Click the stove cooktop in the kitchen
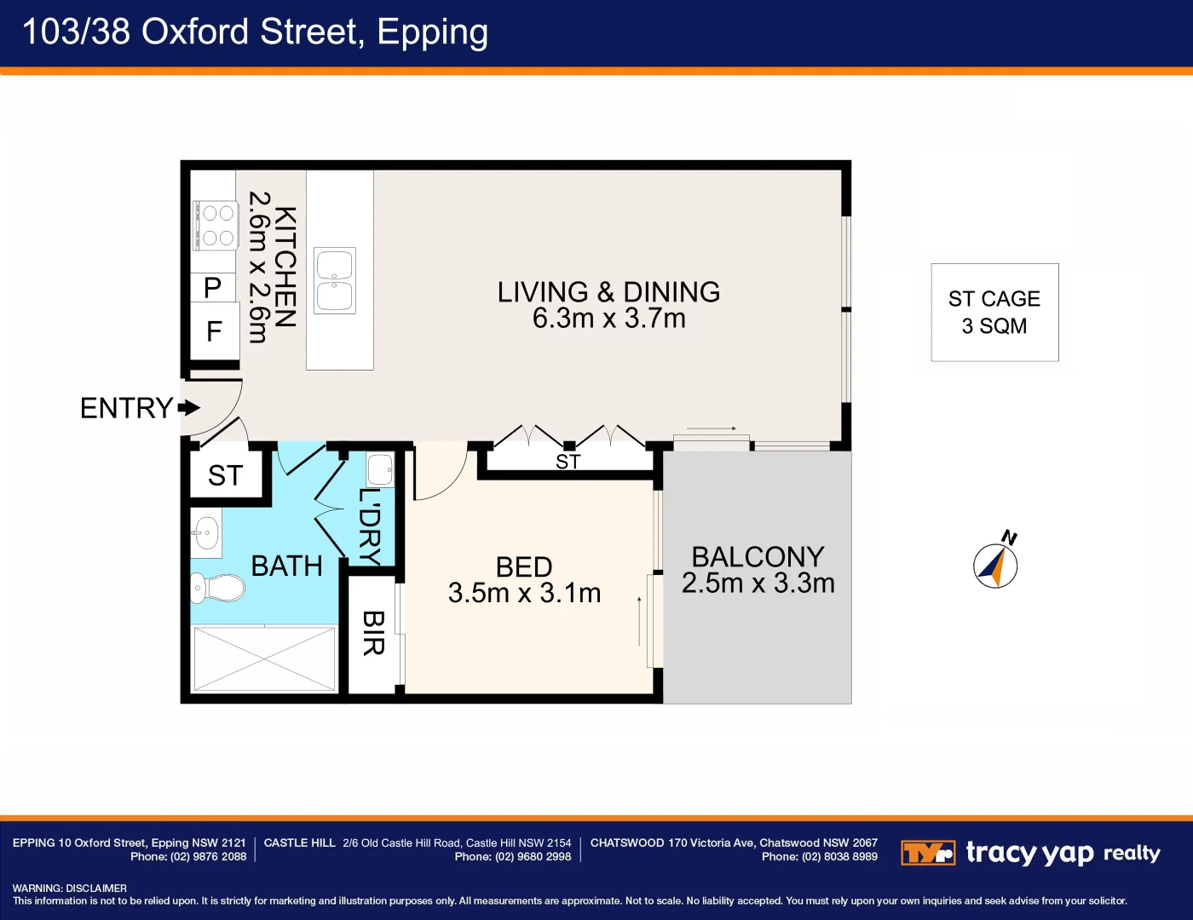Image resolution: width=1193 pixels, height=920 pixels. click(x=216, y=225)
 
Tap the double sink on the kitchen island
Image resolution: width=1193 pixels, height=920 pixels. click(x=335, y=281)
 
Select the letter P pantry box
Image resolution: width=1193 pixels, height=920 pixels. click(x=213, y=288)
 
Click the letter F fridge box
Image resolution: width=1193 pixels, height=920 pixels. click(x=214, y=331)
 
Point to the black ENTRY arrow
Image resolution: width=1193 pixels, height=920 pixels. click(x=189, y=408)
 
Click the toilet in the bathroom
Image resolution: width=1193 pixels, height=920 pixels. click(x=218, y=587)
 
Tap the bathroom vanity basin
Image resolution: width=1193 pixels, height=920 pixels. click(x=206, y=533)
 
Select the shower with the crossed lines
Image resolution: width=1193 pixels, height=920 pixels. click(x=265, y=658)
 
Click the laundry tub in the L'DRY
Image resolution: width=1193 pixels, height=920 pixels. click(x=380, y=469)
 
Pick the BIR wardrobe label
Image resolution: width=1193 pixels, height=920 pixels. click(x=373, y=633)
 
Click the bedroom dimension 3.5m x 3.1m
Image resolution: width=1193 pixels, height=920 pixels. click(x=524, y=593)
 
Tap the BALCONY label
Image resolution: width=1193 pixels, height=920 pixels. click(x=758, y=557)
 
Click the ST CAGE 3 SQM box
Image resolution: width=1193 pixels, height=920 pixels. click(x=994, y=313)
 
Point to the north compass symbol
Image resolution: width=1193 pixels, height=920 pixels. click(x=995, y=565)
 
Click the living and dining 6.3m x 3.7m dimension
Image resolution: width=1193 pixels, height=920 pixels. click(x=608, y=319)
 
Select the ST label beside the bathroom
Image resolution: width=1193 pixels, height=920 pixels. click(x=226, y=475)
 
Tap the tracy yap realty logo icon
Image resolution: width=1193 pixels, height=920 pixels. click(x=927, y=853)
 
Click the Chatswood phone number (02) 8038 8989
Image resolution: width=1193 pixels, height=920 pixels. click(x=839, y=857)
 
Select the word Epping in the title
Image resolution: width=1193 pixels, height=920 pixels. click(x=432, y=32)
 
